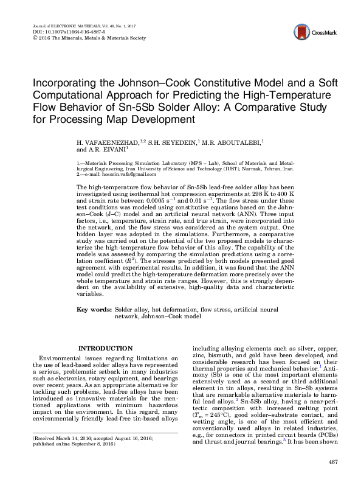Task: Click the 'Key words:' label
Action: (94, 310)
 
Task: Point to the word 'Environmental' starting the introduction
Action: (61, 358)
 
